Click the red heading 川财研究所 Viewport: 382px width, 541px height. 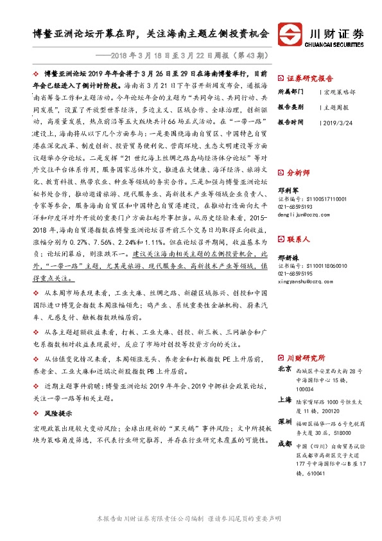[x=304, y=358]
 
